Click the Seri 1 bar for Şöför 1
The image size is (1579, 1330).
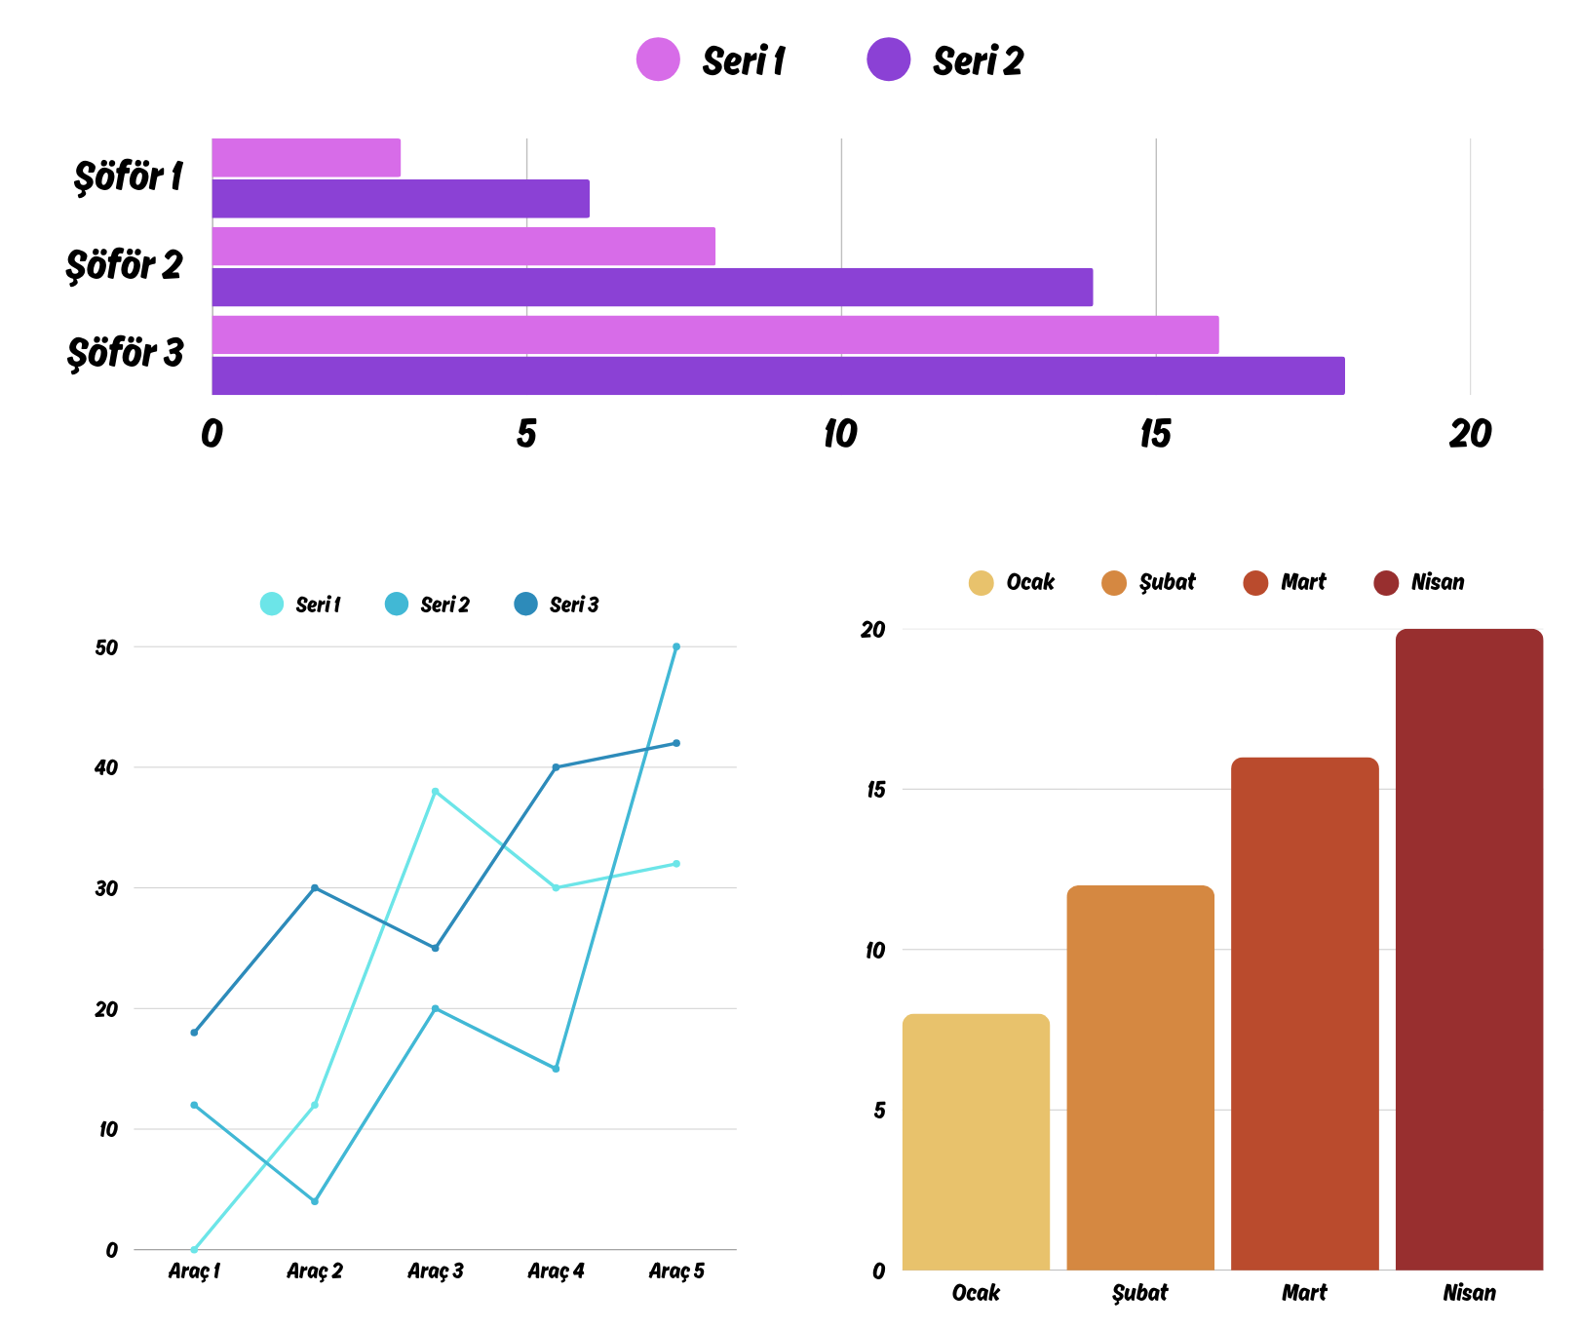click(x=306, y=158)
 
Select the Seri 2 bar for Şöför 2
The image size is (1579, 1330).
click(x=652, y=288)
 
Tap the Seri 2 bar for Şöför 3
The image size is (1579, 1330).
click(x=778, y=375)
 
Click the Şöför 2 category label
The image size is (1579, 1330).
click(x=124, y=265)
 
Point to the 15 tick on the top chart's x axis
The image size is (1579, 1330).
click(x=1155, y=434)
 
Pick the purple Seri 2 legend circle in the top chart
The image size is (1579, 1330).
click(x=888, y=59)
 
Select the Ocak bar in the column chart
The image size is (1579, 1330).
click(x=976, y=1142)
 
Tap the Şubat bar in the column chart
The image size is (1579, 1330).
click(x=1140, y=1077)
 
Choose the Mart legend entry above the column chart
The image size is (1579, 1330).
click(x=1285, y=583)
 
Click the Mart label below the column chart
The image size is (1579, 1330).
click(x=1304, y=1293)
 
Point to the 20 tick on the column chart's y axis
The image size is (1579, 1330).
click(x=872, y=630)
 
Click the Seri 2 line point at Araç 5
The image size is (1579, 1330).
click(x=676, y=646)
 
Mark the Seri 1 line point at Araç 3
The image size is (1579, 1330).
click(x=435, y=792)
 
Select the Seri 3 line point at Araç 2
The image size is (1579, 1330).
click(x=315, y=888)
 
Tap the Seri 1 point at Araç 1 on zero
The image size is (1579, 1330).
click(x=194, y=1250)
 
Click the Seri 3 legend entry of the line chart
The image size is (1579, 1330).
click(x=557, y=605)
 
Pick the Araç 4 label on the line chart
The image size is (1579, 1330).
click(x=556, y=1271)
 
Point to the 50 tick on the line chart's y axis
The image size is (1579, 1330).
click(x=106, y=647)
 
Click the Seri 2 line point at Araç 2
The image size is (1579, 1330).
click(x=315, y=1201)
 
